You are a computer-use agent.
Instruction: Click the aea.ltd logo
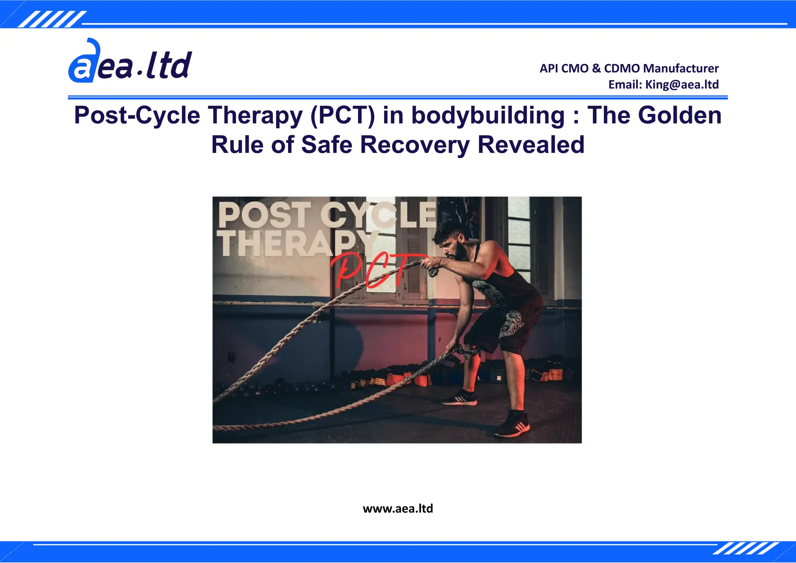(130, 62)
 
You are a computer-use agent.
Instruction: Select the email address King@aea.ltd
(682, 84)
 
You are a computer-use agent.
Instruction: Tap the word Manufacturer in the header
(681, 68)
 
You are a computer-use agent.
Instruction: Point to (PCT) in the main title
(342, 115)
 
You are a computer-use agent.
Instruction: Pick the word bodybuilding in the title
(488, 115)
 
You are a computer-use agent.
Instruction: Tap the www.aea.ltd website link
(398, 509)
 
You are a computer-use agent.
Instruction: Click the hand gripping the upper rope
(431, 266)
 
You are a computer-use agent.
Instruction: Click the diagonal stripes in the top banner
(52, 19)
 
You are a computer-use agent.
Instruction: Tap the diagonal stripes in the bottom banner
(746, 548)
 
